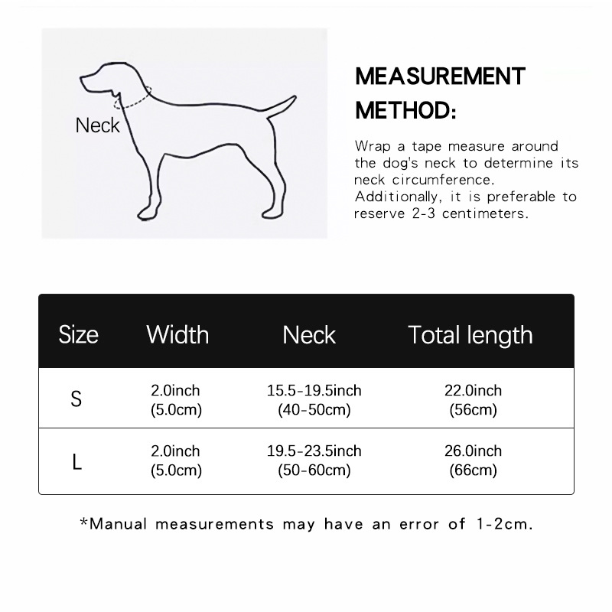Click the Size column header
pyautogui.click(x=79, y=334)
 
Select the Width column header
pyautogui.click(x=177, y=334)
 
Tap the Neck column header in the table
pyautogui.click(x=309, y=334)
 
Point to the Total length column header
pyautogui.click(x=470, y=335)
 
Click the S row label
pyautogui.click(x=76, y=399)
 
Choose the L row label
pyautogui.click(x=76, y=462)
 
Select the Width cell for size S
pyautogui.click(x=176, y=400)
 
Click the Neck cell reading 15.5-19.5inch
pyautogui.click(x=314, y=400)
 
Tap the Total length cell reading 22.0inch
pyautogui.click(x=473, y=400)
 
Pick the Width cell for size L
pyautogui.click(x=176, y=461)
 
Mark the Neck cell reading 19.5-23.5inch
pyautogui.click(x=314, y=461)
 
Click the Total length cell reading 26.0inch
pyautogui.click(x=473, y=461)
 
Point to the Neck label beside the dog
pyautogui.click(x=98, y=125)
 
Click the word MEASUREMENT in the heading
pyautogui.click(x=441, y=76)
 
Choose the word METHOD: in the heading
pyautogui.click(x=405, y=110)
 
